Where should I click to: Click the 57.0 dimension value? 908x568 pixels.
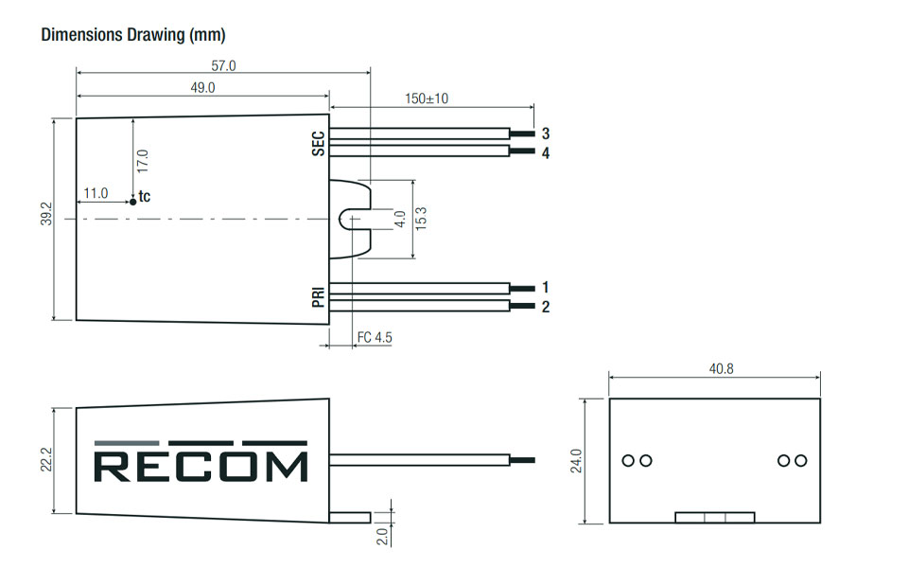click(x=223, y=65)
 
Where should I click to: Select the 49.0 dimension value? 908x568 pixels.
click(x=203, y=87)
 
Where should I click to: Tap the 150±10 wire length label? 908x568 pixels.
click(x=426, y=98)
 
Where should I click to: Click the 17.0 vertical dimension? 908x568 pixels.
click(x=143, y=160)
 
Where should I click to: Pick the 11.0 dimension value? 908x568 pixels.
click(x=96, y=193)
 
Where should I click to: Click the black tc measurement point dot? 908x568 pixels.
click(x=132, y=201)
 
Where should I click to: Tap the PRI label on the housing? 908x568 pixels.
click(x=318, y=294)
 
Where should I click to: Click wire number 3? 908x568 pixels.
click(x=546, y=133)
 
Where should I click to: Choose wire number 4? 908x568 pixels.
click(x=546, y=152)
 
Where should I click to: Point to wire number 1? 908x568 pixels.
click(x=546, y=287)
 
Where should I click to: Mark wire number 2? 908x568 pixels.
click(x=546, y=307)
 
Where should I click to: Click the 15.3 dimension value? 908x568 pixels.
click(x=422, y=219)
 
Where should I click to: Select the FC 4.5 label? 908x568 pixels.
click(x=375, y=338)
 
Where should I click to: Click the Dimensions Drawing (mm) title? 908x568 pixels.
click(x=133, y=35)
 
